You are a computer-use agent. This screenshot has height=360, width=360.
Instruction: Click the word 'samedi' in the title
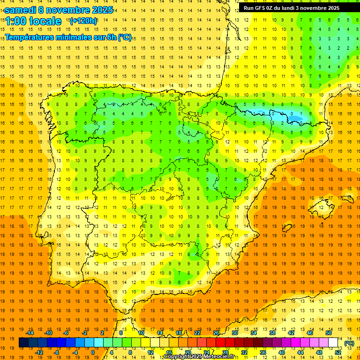click(x=21, y=10)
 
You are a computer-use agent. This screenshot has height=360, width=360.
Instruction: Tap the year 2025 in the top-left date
click(x=100, y=10)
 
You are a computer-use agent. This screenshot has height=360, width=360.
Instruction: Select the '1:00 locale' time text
click(x=33, y=21)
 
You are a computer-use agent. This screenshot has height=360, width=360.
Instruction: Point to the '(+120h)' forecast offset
click(x=83, y=21)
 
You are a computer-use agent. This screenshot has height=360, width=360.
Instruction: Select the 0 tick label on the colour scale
click(x=93, y=352)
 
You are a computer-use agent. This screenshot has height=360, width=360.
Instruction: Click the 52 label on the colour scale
click(x=338, y=352)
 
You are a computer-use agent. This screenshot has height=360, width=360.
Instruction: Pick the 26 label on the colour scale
click(x=216, y=333)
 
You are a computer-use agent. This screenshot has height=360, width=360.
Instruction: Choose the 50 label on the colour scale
click(x=329, y=333)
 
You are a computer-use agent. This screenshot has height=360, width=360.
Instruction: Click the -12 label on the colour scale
click(x=39, y=352)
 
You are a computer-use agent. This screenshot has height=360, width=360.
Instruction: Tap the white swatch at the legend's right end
click(x=333, y=343)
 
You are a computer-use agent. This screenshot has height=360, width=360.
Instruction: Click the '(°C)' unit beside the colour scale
click(x=349, y=343)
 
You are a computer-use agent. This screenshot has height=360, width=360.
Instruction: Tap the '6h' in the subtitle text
click(x=107, y=37)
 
